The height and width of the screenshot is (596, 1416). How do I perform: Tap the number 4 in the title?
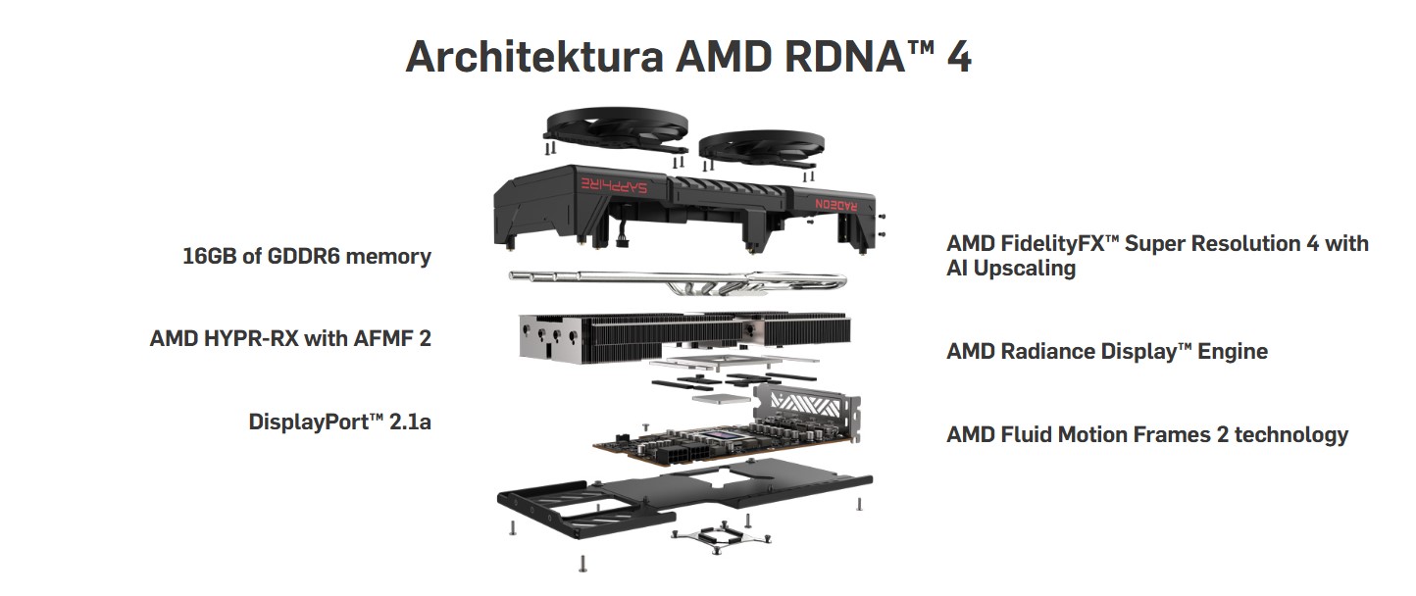pyautogui.click(x=958, y=57)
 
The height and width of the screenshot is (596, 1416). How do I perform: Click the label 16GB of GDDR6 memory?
pyautogui.click(x=307, y=257)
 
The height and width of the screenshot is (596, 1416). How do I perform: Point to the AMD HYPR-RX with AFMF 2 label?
pyautogui.click(x=290, y=338)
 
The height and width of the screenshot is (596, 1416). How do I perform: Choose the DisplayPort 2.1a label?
pyautogui.click(x=340, y=422)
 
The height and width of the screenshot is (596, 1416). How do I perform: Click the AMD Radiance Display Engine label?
pyautogui.click(x=1106, y=351)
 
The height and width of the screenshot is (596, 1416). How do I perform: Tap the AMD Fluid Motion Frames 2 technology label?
pyautogui.click(x=1146, y=434)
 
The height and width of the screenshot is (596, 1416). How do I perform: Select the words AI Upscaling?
pyautogui.click(x=1011, y=268)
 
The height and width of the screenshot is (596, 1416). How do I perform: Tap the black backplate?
pyautogui.click(x=677, y=495)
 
